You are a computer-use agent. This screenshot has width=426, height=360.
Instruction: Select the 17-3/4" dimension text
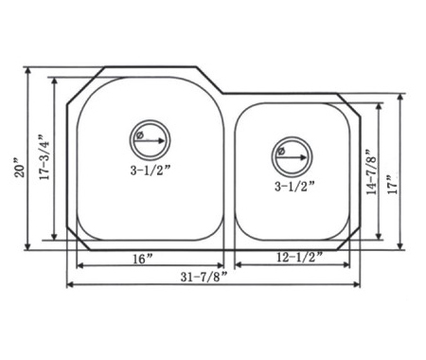coord(44,157)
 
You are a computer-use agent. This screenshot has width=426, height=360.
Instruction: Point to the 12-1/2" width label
coord(299,258)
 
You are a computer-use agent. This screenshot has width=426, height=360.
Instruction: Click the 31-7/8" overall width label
coord(204,277)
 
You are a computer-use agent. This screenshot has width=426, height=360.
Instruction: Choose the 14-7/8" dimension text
coord(372,171)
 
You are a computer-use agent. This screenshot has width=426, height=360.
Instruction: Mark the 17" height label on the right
coord(394,184)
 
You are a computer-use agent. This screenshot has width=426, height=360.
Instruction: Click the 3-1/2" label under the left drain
coord(151,171)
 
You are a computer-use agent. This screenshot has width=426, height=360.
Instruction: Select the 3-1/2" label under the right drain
coord(294,187)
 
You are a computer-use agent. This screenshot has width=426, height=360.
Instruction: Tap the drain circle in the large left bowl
coord(151,120)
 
